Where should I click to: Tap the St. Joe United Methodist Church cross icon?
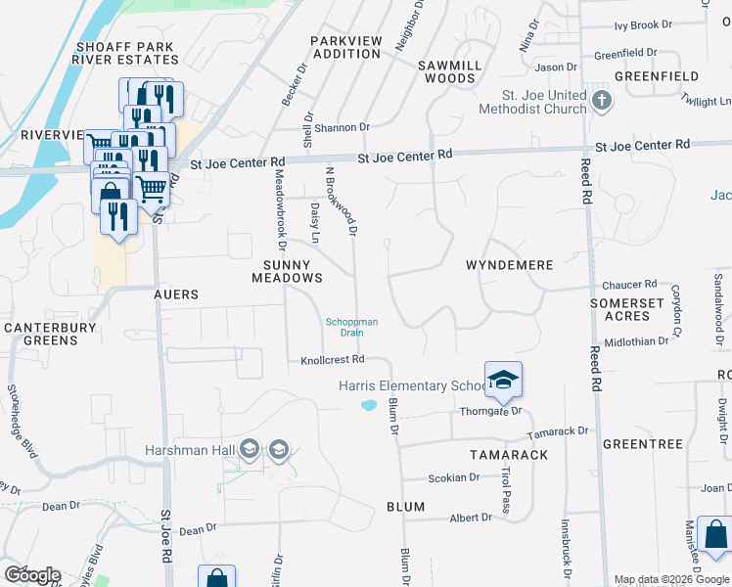point(602,100)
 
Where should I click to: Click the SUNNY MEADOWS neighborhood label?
point(287,272)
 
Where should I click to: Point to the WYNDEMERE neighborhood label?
point(509,265)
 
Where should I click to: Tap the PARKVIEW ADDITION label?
point(344,47)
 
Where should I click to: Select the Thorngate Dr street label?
point(492,412)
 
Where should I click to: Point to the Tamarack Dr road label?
point(558,431)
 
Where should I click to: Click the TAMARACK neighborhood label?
point(508,455)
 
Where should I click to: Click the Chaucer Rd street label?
point(629,284)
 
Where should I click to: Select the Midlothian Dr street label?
point(636,340)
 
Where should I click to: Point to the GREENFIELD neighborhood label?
point(657,75)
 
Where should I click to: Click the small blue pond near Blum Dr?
point(369,405)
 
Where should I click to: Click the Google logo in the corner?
point(32,574)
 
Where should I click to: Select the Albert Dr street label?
point(471,518)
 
